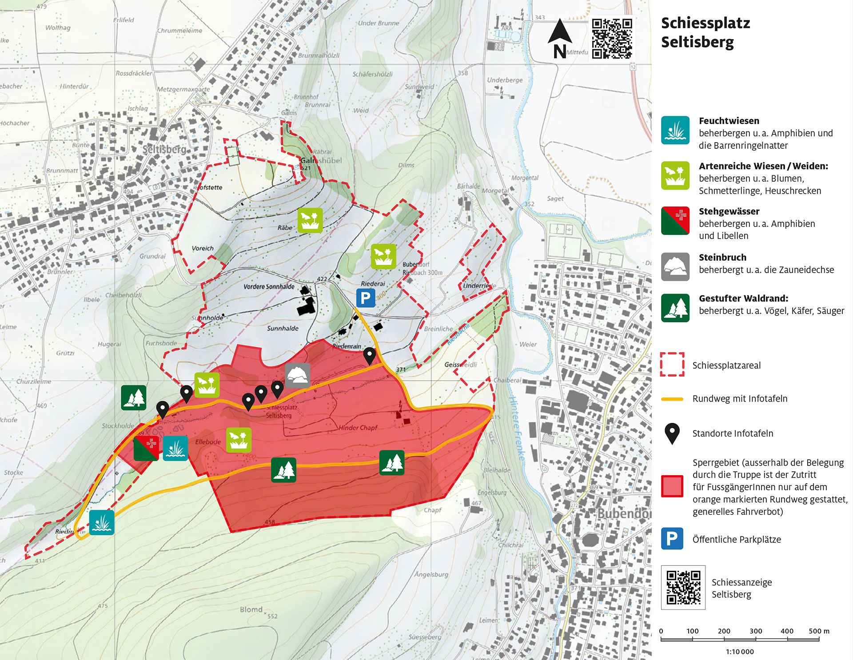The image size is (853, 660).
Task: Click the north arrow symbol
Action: pos(560,39)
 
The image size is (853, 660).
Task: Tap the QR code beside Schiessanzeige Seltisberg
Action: pos(683,587)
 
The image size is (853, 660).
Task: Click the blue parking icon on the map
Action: pos(366,298)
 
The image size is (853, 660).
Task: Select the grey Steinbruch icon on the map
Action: pos(298,376)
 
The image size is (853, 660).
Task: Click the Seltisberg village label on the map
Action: pos(164,149)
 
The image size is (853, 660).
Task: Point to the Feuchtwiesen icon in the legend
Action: pos(675,131)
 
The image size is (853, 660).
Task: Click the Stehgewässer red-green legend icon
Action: pos(675,221)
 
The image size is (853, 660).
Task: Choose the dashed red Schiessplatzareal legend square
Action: pos(672,365)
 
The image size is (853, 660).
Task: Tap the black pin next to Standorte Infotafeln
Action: pos(672,433)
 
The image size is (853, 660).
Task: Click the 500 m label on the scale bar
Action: pos(819,631)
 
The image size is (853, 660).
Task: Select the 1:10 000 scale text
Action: pos(740,652)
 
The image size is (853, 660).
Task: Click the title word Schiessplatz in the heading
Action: pos(705,23)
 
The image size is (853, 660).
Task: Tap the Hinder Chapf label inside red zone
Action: pos(358,428)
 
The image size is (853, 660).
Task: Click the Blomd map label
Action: pos(251,609)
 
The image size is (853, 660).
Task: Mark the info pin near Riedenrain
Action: pos(369,356)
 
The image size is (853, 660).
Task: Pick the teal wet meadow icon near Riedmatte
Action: pos(102,522)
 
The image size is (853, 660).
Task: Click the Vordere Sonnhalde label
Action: pos(269,286)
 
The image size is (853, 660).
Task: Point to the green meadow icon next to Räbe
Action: pos(310,220)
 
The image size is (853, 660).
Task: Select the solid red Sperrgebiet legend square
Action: pos(672,486)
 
